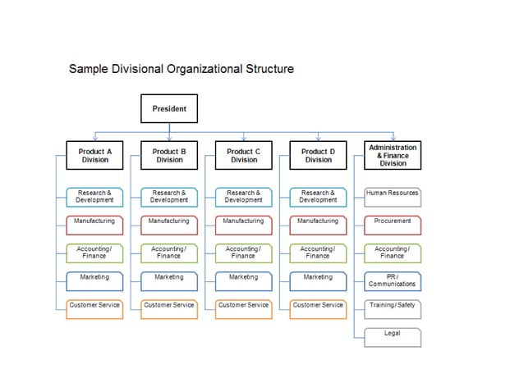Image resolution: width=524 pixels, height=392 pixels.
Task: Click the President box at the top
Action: tap(169, 108)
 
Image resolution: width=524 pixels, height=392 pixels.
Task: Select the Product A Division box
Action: tap(94, 156)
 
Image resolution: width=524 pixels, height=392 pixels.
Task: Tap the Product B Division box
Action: tap(169, 156)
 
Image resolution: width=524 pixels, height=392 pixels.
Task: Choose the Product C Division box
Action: tap(244, 156)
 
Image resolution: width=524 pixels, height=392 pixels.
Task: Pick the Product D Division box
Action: tap(318, 156)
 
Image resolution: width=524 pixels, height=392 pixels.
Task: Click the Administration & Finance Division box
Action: tap(393, 156)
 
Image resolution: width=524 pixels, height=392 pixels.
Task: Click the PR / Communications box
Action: tap(393, 280)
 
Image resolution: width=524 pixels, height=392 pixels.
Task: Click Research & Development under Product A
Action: tap(94, 197)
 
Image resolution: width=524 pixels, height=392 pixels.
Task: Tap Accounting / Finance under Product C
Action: tap(244, 253)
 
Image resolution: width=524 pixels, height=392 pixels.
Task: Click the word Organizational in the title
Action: tap(203, 69)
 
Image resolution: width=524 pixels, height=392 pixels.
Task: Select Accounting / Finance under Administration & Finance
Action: tap(393, 253)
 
